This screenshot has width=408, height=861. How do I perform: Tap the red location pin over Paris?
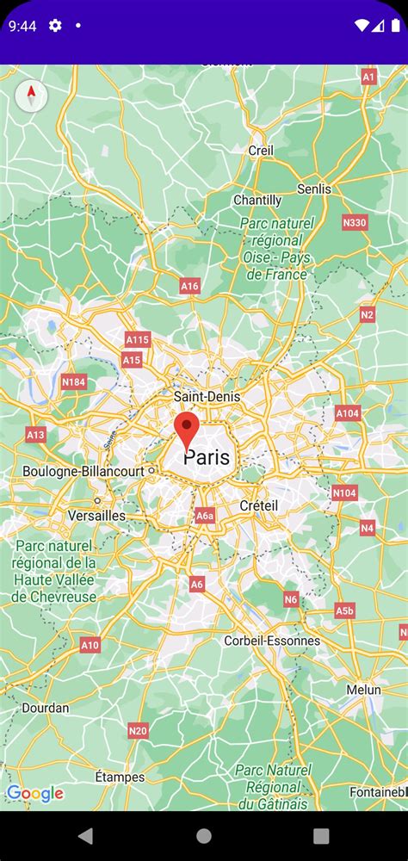(x=187, y=429)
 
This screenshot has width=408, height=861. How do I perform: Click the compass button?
(x=31, y=95)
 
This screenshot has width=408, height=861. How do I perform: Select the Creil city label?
(x=261, y=150)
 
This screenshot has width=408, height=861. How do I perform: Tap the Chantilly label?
(x=257, y=200)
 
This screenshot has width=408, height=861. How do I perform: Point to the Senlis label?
(x=313, y=189)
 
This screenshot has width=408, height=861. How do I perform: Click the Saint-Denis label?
(x=207, y=396)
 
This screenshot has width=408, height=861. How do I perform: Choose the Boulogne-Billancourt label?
(x=83, y=472)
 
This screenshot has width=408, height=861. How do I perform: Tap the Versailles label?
(x=96, y=516)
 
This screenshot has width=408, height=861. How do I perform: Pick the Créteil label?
(x=258, y=505)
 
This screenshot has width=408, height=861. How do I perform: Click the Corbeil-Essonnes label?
(x=272, y=641)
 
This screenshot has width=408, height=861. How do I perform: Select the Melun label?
(x=363, y=690)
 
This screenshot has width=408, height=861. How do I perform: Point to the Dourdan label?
(x=45, y=708)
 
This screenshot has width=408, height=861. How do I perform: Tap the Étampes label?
(x=120, y=777)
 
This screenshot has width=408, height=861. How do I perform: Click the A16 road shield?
(x=190, y=286)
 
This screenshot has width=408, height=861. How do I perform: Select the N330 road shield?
(x=355, y=223)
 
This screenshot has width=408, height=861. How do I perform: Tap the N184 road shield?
(x=74, y=382)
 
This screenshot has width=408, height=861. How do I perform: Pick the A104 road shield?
(x=348, y=413)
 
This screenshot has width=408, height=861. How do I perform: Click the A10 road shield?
(x=90, y=644)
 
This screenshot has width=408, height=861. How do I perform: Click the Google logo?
(x=35, y=793)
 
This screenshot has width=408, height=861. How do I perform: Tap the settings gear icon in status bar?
(x=55, y=26)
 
